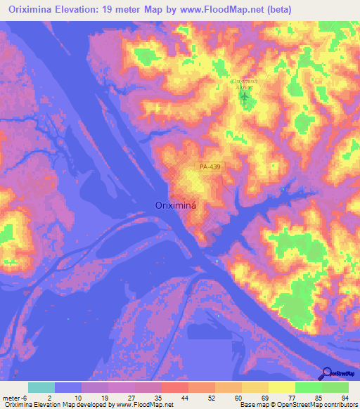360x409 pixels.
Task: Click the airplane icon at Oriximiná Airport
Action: click(x=245, y=96)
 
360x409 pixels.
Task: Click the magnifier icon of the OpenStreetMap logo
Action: click(x=327, y=373)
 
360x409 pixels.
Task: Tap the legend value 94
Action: click(x=345, y=398)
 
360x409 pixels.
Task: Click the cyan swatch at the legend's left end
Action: click(x=41, y=387)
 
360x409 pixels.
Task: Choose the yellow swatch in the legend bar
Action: click(x=282, y=387)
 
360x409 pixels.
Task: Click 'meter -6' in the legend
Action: click(x=15, y=398)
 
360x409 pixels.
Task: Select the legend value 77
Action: click(x=292, y=398)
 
